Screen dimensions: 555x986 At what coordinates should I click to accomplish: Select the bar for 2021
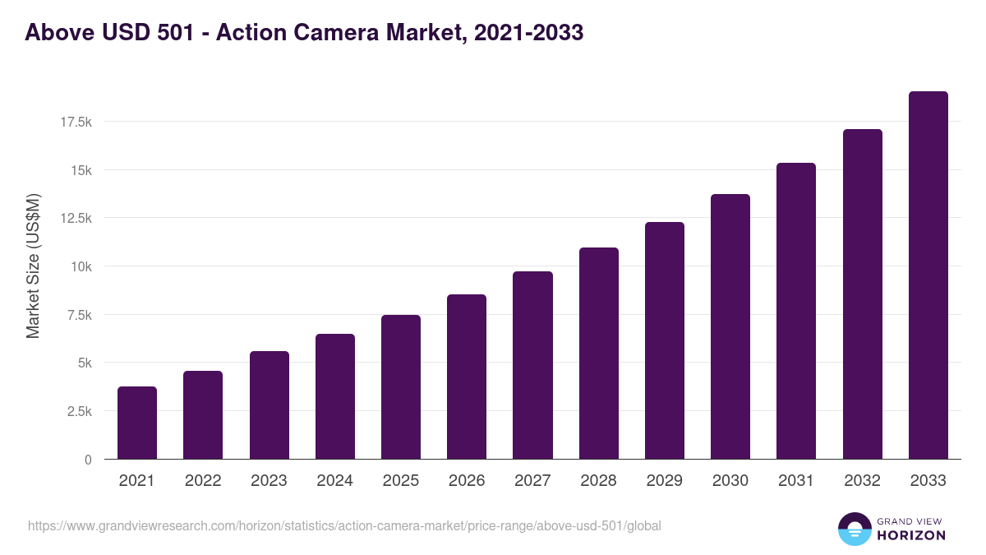pyautogui.click(x=137, y=423)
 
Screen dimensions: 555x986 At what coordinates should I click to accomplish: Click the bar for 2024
pyautogui.click(x=335, y=396)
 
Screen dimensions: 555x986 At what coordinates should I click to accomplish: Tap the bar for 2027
pyautogui.click(x=532, y=365)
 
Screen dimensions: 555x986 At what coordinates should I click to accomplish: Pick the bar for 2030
pyautogui.click(x=730, y=326)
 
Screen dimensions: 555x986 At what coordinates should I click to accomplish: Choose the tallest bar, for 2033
pyautogui.click(x=928, y=275)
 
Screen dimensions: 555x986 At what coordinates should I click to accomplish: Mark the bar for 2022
pyautogui.click(x=203, y=415)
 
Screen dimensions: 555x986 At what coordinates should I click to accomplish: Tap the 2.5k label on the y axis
pyautogui.click(x=79, y=411)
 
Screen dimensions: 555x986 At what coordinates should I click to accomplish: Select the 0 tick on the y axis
pyautogui.click(x=88, y=460)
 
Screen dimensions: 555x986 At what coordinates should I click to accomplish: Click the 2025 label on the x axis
pyautogui.click(x=401, y=481)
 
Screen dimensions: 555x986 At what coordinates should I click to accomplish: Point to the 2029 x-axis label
pyautogui.click(x=665, y=481)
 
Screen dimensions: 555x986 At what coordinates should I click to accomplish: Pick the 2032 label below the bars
pyautogui.click(x=862, y=481)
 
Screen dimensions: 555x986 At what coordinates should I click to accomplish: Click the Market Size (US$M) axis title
pyautogui.click(x=33, y=266)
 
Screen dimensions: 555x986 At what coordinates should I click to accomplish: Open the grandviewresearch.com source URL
pyautogui.click(x=344, y=525)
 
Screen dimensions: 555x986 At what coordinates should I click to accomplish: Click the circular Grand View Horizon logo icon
pyautogui.click(x=855, y=529)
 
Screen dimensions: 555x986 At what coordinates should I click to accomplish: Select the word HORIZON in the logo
pyautogui.click(x=910, y=535)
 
